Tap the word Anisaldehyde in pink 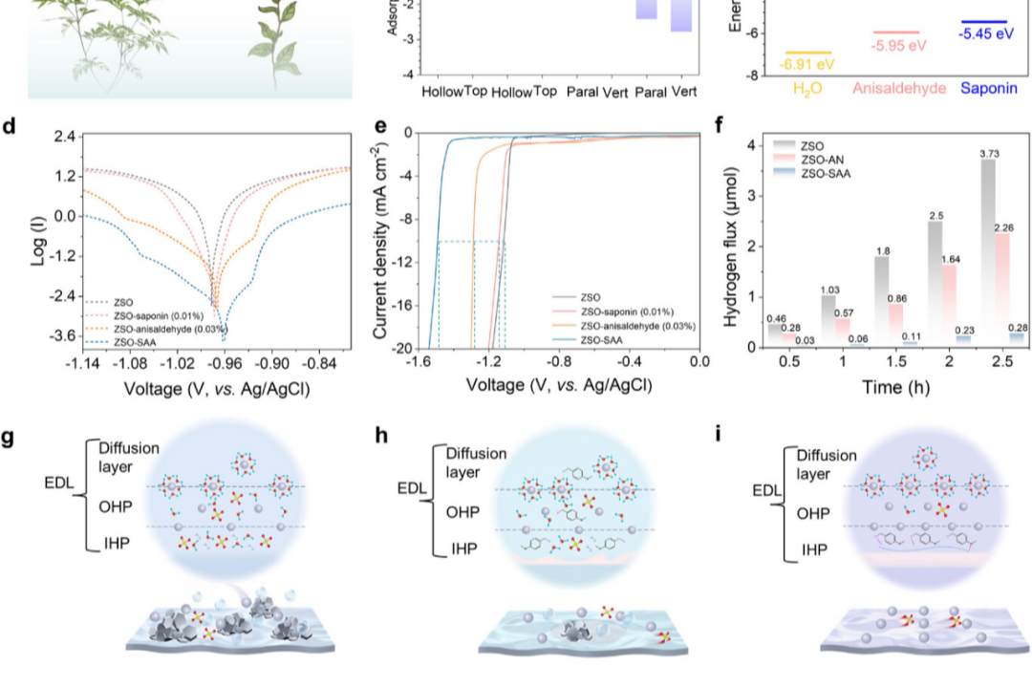point(899,89)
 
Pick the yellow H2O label point(807,89)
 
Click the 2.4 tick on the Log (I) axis point(64,138)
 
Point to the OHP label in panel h point(465,512)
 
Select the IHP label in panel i point(815,550)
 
